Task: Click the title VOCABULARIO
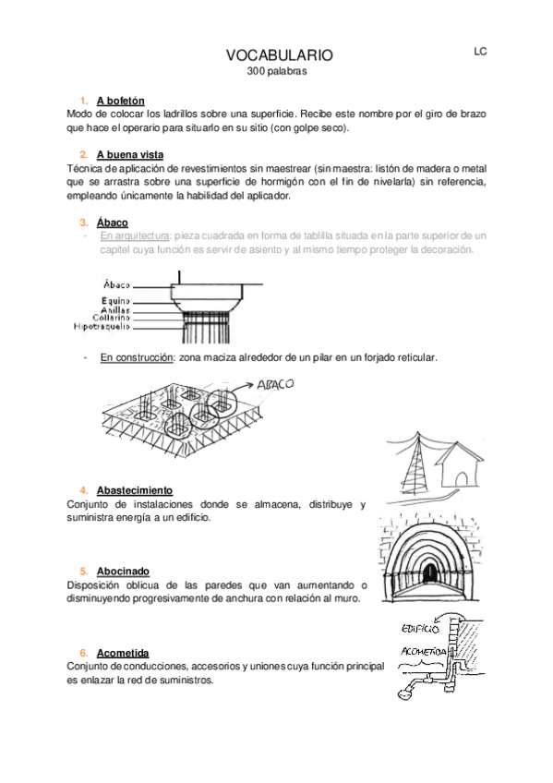pyautogui.click(x=279, y=56)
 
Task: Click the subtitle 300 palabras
pyautogui.click(x=276, y=71)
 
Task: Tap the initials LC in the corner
pyautogui.click(x=480, y=52)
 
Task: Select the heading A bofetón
pyautogui.click(x=120, y=101)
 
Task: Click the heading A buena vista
pyautogui.click(x=130, y=154)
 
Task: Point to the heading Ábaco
pyautogui.click(x=112, y=223)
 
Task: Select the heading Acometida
pyautogui.click(x=123, y=652)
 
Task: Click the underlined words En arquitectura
pyautogui.click(x=135, y=236)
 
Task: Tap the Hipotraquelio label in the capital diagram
pyautogui.click(x=102, y=326)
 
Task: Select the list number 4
pyautogui.click(x=83, y=489)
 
